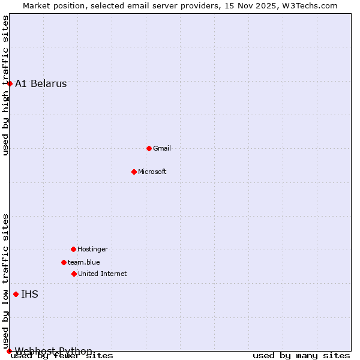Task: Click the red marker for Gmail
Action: (x=149, y=148)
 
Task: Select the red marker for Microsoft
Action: (x=134, y=172)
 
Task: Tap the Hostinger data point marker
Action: (x=73, y=249)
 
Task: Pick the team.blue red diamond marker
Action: (x=64, y=262)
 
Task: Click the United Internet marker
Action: (x=74, y=274)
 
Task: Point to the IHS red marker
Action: (x=16, y=294)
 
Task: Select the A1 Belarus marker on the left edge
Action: (x=10, y=83)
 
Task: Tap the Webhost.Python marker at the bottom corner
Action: (x=9, y=351)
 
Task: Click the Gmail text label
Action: (x=162, y=148)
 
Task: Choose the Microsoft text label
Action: (x=152, y=172)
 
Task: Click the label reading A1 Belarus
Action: (x=41, y=83)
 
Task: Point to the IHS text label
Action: (x=29, y=294)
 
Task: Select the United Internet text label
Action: (x=103, y=274)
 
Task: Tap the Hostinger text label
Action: (x=93, y=249)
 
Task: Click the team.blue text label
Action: (x=84, y=262)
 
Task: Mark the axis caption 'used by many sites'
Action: (x=301, y=356)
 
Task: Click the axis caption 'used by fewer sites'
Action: (x=62, y=356)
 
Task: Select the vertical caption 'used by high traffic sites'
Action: (x=5, y=86)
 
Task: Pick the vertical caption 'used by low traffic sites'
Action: (x=5, y=277)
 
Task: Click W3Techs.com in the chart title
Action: (x=310, y=5)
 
